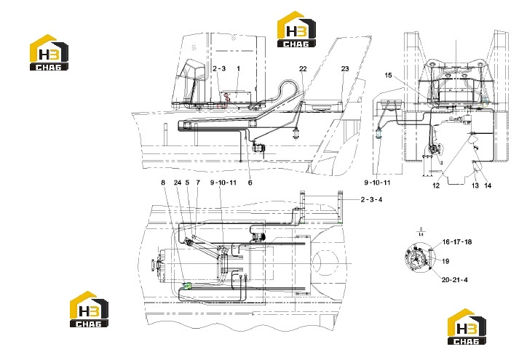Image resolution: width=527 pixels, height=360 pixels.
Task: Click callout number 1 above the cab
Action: coord(238,68)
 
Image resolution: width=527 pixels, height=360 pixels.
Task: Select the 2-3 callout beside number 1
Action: coord(219,68)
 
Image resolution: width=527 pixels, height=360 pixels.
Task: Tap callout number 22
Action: coord(303,69)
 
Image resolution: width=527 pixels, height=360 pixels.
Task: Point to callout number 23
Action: coord(345,69)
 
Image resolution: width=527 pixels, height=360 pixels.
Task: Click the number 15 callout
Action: coord(388,75)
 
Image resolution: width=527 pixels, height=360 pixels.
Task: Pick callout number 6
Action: coord(250,183)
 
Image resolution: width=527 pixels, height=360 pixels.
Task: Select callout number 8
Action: coord(163,183)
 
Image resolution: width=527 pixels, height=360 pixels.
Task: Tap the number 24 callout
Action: coord(178,183)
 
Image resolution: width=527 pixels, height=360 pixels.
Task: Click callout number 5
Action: coord(187,183)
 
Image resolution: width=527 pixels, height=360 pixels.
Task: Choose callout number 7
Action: coord(198,183)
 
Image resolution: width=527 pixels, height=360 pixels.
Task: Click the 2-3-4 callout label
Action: coord(371,199)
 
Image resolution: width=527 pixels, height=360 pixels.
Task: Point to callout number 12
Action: coord(436,185)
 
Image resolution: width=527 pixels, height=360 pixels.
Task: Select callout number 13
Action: coord(475,185)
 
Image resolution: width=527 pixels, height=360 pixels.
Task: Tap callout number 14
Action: coord(488,185)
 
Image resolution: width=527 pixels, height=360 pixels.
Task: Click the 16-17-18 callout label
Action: coord(456,241)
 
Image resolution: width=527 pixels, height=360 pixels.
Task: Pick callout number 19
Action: coord(445,261)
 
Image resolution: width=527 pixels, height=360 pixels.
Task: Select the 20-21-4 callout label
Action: coord(454,280)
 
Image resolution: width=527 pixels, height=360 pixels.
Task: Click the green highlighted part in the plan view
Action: coord(186,286)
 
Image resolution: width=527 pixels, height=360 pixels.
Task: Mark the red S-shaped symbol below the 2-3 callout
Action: coord(228,97)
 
